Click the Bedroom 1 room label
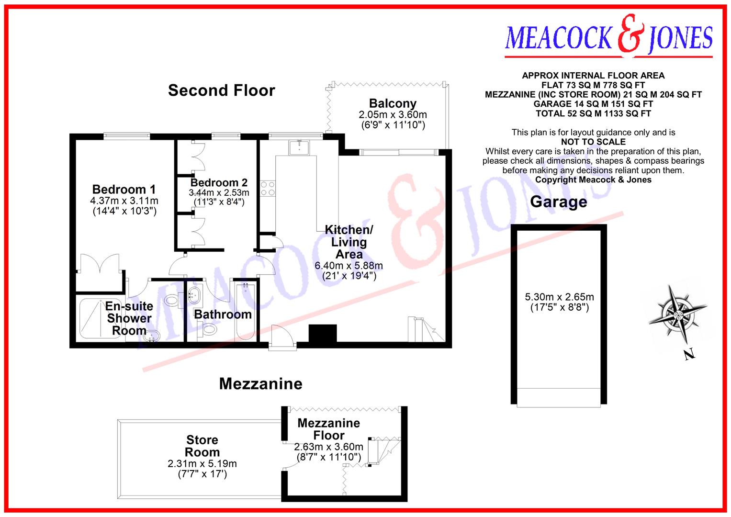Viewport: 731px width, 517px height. point(124,190)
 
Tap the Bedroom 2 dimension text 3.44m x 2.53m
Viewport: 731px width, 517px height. point(219,193)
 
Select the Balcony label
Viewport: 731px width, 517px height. point(393,104)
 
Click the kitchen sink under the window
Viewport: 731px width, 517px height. point(300,146)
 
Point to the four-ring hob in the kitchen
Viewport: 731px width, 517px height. point(267,188)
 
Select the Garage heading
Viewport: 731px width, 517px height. point(558,202)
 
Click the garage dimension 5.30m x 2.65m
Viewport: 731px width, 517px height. point(559,297)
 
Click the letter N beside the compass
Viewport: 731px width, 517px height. point(688,355)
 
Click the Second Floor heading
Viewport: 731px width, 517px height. point(222,90)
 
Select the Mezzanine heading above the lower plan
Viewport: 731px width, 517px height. point(260,383)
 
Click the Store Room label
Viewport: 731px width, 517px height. point(202,446)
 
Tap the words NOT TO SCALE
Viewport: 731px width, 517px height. point(593,142)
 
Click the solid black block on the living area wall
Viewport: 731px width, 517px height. point(323,333)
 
